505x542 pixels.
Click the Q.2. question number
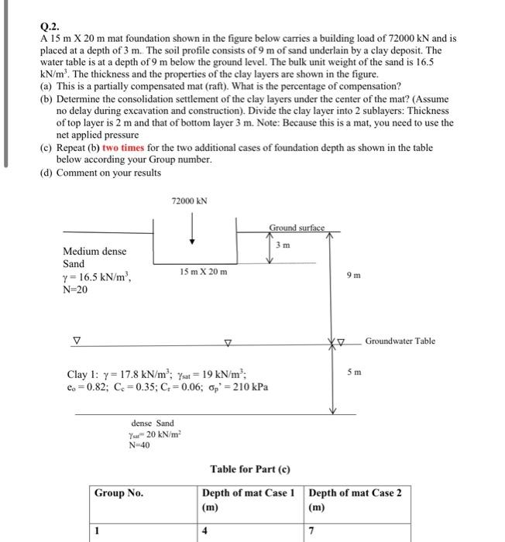click(x=48, y=24)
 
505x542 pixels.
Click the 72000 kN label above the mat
click(x=190, y=201)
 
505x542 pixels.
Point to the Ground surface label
click(x=297, y=228)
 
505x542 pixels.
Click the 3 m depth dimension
click(x=284, y=246)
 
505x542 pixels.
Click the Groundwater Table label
click(x=400, y=341)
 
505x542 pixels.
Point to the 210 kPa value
click(x=249, y=386)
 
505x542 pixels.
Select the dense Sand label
click(x=153, y=424)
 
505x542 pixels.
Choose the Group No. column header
click(x=118, y=493)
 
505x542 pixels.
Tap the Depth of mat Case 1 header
click(x=248, y=493)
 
